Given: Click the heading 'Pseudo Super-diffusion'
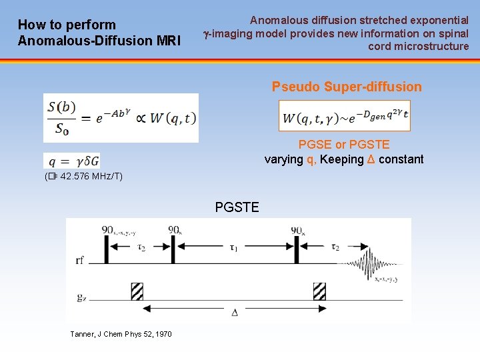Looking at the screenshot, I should coord(347,87).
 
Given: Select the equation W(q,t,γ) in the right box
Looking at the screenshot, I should coord(345,117).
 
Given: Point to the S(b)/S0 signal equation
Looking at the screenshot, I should coord(121,118).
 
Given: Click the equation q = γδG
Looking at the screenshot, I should coord(72,161).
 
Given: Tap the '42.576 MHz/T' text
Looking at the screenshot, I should coord(90,177).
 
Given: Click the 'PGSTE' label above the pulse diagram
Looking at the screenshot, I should coord(237,207).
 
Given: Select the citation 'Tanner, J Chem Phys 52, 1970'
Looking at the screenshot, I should coord(121,334).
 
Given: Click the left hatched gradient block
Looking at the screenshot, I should coord(137,291).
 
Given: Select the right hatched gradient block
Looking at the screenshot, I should coord(319,291).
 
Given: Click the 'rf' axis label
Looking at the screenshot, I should coord(80,261).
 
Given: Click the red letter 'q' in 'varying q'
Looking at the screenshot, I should coord(310,159).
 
